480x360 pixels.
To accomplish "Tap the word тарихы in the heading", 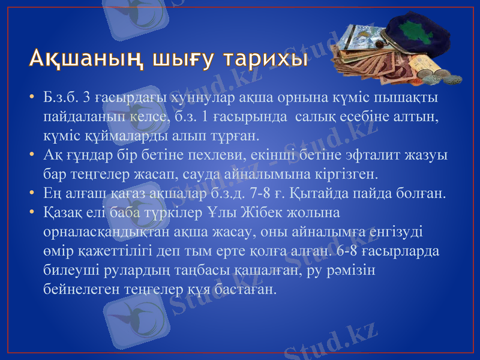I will pos(265,58).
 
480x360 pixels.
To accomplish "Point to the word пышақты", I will pos(407,97).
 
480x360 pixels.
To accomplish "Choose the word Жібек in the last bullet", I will pos(254,212).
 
